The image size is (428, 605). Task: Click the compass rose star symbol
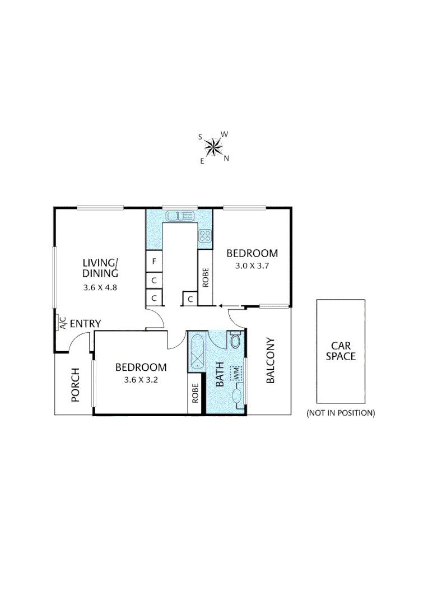[213, 147]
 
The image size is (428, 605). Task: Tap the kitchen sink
[179, 216]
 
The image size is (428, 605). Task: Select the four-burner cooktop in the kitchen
[205, 236]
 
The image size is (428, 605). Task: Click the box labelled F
[153, 262]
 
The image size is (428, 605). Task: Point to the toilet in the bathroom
[236, 340]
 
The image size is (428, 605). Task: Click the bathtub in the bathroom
[197, 351]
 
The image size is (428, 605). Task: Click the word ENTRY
[85, 323]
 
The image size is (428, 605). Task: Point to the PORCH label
[76, 385]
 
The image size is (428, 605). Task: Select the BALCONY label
[270, 368]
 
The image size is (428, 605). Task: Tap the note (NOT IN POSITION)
[340, 413]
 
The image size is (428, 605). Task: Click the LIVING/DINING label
[100, 268]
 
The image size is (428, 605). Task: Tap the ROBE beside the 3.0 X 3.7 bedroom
[206, 277]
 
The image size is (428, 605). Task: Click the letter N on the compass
[227, 159]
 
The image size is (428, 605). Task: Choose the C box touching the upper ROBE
[190, 299]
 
